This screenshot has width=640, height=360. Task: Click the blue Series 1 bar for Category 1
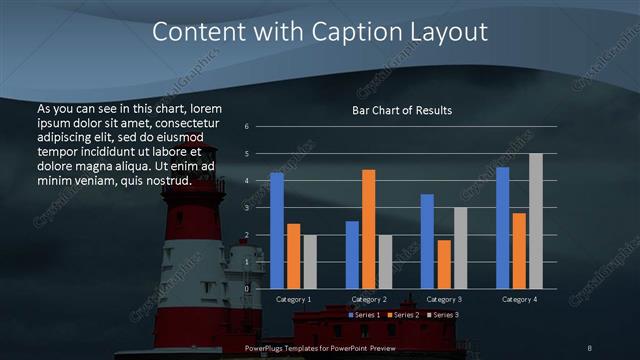coord(277,231)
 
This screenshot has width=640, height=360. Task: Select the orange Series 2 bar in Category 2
coord(368,229)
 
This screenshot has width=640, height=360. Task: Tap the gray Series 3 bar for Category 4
coord(536,221)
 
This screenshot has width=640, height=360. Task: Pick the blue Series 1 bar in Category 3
coord(427,241)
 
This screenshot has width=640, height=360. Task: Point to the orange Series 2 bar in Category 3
coord(444,264)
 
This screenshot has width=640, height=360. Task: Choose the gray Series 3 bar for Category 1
coord(310,262)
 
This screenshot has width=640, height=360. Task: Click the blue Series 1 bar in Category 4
coord(503,228)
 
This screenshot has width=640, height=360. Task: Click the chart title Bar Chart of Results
coord(402,110)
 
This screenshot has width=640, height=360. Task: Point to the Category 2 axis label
coord(369,299)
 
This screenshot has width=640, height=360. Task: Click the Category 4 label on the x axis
coord(520,299)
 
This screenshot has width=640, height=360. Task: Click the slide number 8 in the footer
coord(589,347)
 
